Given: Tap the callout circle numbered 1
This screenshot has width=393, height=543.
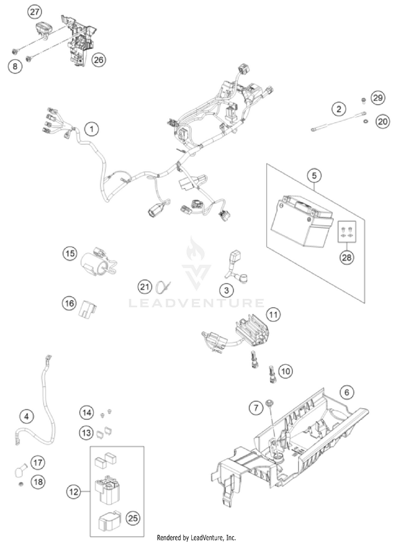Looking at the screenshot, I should click(x=92, y=128).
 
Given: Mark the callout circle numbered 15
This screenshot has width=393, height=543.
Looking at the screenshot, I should click(x=70, y=253).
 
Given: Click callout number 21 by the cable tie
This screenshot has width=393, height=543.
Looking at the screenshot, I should click(x=144, y=286).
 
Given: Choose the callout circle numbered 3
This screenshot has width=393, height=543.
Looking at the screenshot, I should click(x=225, y=290).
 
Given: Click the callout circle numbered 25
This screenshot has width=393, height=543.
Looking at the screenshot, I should click(x=133, y=518).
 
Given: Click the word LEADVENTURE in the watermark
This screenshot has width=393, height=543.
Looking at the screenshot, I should click(x=196, y=303).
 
